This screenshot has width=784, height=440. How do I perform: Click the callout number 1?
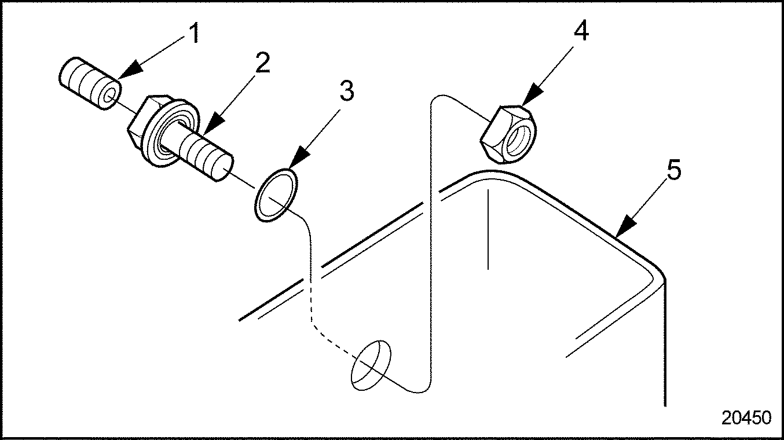[193, 35]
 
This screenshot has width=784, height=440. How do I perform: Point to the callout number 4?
[581, 32]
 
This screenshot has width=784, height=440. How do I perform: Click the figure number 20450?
[746, 418]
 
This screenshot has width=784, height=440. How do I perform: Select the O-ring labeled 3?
[277, 195]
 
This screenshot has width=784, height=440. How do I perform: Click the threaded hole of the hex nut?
[516, 140]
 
